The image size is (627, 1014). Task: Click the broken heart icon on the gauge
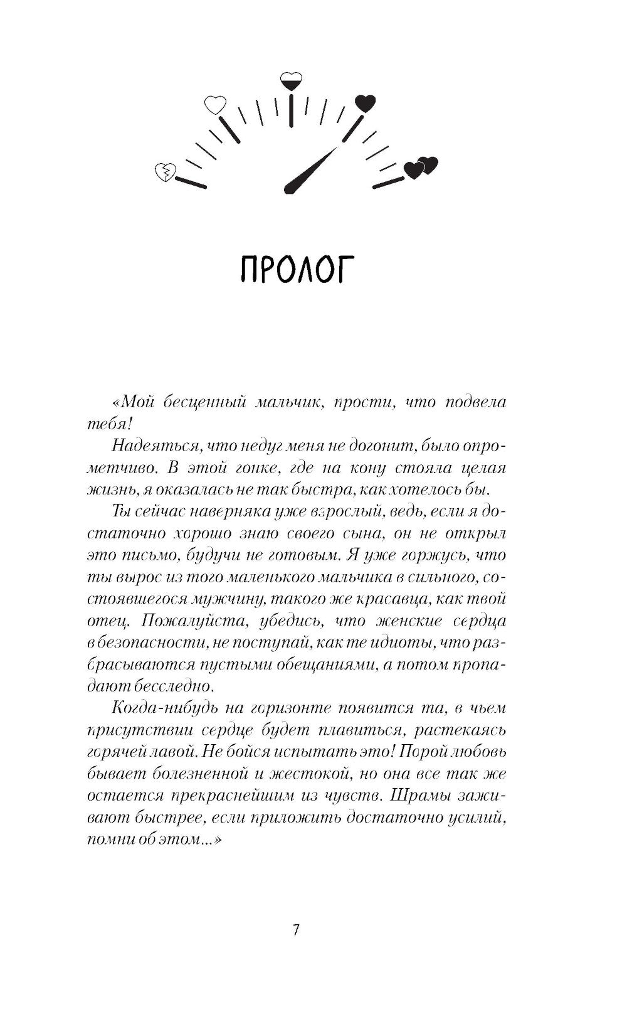[x=166, y=171]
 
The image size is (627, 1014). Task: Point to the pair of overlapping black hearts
[x=421, y=167]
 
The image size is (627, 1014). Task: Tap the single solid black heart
[x=365, y=102]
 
